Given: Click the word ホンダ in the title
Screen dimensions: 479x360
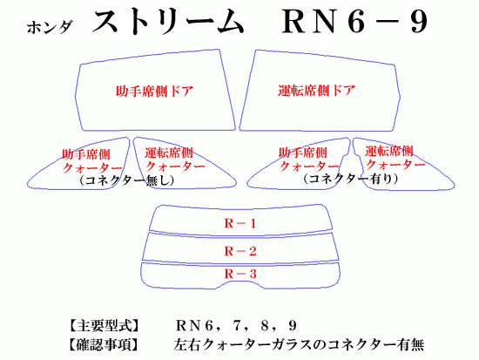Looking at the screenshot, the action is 50,27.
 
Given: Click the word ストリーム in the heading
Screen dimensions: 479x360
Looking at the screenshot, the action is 168,21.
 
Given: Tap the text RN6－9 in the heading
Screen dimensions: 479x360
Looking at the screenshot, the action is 355,22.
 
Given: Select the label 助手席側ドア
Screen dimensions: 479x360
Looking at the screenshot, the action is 154,92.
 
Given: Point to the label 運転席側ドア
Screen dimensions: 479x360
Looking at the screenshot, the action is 317,91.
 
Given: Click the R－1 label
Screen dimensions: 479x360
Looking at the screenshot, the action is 240,224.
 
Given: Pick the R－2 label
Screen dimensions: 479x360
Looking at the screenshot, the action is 240,251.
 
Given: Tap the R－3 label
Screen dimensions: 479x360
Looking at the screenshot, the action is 240,274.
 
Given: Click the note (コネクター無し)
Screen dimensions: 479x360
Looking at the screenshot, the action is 126,180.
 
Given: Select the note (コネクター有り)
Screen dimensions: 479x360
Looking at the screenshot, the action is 351,179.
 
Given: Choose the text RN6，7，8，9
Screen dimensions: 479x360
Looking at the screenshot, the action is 236,326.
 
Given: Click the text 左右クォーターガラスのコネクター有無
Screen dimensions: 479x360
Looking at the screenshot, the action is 299,345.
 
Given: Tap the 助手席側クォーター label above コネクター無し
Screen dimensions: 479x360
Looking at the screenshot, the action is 92,161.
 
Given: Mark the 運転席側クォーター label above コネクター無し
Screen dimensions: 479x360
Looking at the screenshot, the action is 175,160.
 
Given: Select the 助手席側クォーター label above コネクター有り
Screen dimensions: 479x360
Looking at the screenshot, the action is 309,160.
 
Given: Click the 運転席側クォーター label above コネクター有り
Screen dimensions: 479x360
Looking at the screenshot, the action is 395,158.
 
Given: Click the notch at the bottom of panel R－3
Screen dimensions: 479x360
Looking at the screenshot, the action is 240,282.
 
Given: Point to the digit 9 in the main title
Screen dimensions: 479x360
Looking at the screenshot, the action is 419,22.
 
